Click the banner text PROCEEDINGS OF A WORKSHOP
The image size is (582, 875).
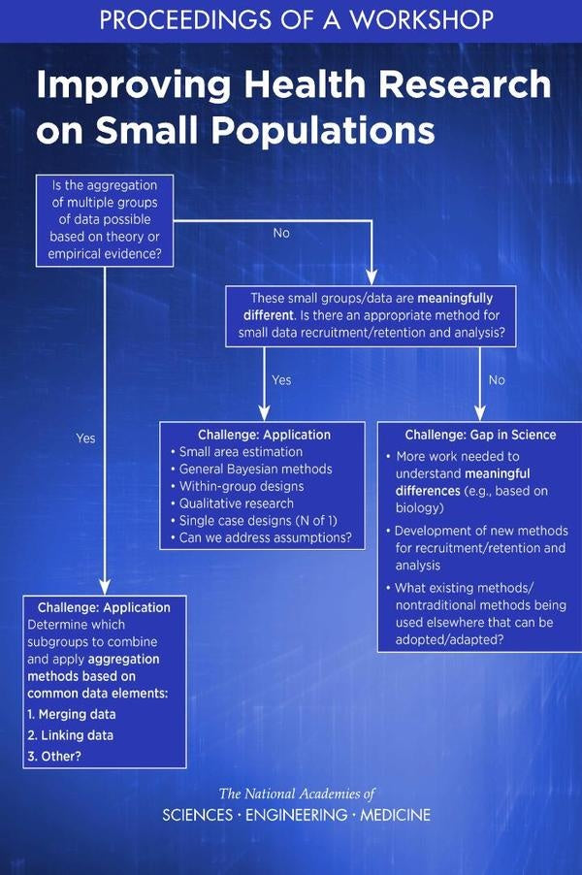click(x=296, y=19)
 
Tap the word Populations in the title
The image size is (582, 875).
click(x=323, y=130)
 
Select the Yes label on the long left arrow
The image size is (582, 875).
click(x=86, y=438)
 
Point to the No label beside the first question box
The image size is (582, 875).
click(x=281, y=233)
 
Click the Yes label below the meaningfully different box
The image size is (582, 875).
click(x=282, y=380)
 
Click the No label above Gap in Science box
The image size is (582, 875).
click(x=497, y=380)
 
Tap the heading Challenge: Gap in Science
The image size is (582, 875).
click(x=480, y=435)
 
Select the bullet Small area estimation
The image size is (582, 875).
click(x=237, y=452)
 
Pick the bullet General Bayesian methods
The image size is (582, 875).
click(x=251, y=470)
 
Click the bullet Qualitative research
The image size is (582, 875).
click(x=232, y=503)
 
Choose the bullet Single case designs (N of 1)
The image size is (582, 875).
click(x=254, y=521)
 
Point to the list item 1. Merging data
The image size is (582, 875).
click(x=72, y=714)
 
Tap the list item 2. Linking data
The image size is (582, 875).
click(x=70, y=735)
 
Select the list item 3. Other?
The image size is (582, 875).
click(x=54, y=757)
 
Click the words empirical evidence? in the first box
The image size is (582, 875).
click(x=105, y=254)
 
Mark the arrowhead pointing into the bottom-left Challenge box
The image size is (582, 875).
click(x=105, y=587)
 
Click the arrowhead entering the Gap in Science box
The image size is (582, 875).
click(x=480, y=413)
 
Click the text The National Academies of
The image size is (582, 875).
click(x=296, y=794)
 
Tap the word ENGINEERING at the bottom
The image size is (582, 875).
click(x=296, y=815)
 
